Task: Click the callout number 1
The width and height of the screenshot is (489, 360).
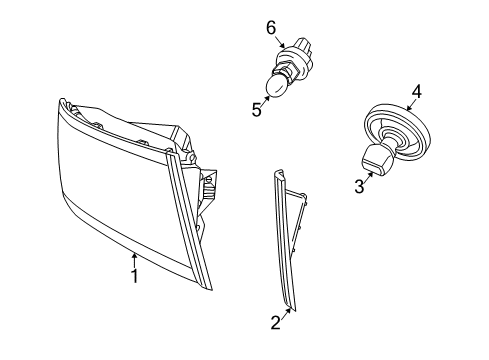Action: coord(133,274)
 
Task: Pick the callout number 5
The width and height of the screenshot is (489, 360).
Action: coord(257,110)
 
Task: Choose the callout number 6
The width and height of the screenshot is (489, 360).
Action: coord(270,29)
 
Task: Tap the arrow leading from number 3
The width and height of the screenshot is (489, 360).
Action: coord(370,174)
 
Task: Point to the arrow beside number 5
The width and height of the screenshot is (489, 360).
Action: coord(266,101)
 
